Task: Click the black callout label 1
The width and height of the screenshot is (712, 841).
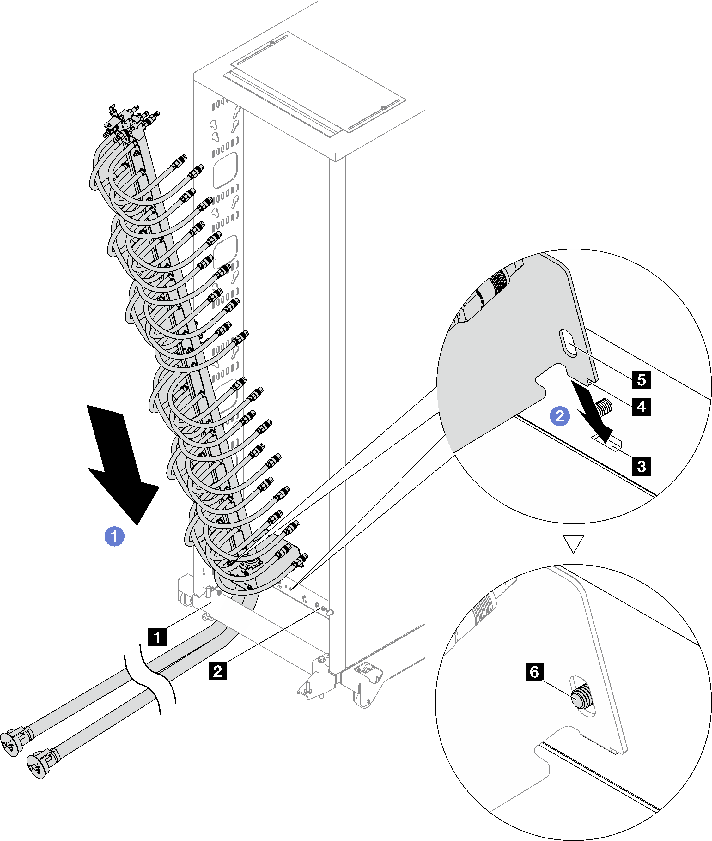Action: (157, 637)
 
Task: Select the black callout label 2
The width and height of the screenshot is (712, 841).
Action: (217, 671)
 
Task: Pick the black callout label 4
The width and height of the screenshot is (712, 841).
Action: (641, 406)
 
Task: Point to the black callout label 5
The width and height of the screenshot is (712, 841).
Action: (641, 380)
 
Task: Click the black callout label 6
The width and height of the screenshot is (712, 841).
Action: (534, 672)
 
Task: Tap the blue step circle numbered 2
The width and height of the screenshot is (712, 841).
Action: (560, 416)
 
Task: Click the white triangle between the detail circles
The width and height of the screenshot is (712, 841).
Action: (573, 544)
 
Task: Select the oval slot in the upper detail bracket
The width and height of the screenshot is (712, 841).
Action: (568, 343)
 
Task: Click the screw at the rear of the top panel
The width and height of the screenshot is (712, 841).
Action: (272, 43)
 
